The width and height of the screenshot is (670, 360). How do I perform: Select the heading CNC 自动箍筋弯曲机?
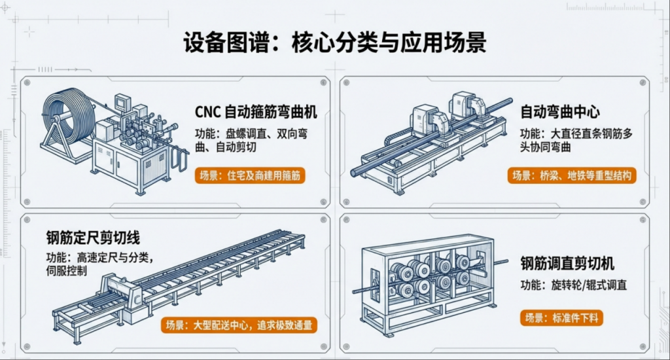pos(256,112)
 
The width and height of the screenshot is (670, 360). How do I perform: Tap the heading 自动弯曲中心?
pos(560,112)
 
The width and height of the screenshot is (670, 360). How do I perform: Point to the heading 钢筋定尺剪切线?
pos(93,237)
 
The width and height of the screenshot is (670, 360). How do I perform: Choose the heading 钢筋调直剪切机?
pos(567,264)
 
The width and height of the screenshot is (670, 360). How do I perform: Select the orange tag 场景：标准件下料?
pos(561,318)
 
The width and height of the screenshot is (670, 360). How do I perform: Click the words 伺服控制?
pos(66,270)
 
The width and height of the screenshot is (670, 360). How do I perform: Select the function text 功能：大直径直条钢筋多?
pos(576,132)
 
